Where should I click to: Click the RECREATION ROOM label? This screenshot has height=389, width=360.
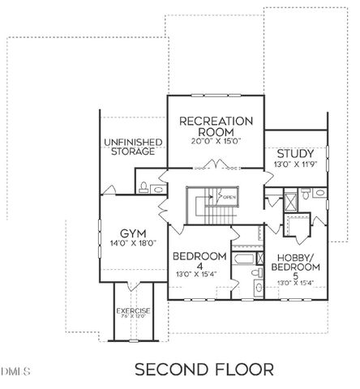216,126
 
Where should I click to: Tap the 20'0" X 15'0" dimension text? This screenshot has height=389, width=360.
216,141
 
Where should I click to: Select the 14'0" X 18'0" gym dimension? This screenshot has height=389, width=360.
131,242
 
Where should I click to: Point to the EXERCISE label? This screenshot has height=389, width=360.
133,310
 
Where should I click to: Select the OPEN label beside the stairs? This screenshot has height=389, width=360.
229,197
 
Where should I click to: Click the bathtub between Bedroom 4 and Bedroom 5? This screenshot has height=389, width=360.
242,259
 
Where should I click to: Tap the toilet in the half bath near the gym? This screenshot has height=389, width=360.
143,187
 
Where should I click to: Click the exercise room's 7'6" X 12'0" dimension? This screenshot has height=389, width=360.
133,316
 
